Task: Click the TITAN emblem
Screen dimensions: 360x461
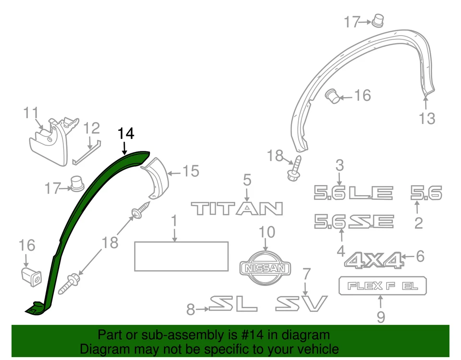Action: [x=237, y=208]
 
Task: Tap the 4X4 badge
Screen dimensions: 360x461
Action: [x=373, y=260]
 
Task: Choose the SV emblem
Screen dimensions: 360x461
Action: [x=301, y=304]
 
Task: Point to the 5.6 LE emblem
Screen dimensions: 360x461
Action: [x=353, y=193]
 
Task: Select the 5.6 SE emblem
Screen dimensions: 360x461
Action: [x=354, y=222]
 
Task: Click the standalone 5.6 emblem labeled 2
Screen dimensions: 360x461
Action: [x=426, y=193]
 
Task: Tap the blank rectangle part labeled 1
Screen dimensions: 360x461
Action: [x=181, y=256]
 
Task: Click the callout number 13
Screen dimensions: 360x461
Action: [x=426, y=117]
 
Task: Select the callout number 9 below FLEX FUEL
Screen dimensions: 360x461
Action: [x=380, y=317]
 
